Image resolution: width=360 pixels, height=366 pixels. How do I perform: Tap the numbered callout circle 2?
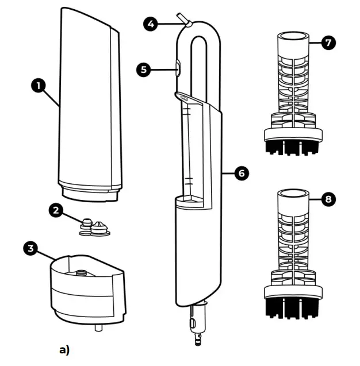pyautogui.click(x=56, y=210)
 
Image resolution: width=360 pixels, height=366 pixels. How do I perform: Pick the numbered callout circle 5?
pyautogui.click(x=143, y=70)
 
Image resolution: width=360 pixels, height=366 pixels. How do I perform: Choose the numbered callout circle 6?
pyautogui.click(x=242, y=173)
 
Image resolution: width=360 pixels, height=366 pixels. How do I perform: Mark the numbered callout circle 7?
pyautogui.click(x=327, y=43)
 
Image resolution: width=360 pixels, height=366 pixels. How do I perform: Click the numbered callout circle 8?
pyautogui.click(x=327, y=199)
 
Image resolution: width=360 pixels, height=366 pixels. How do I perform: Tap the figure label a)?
pyautogui.click(x=64, y=349)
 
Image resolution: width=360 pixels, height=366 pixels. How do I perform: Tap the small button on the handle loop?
pyautogui.click(x=177, y=69)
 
